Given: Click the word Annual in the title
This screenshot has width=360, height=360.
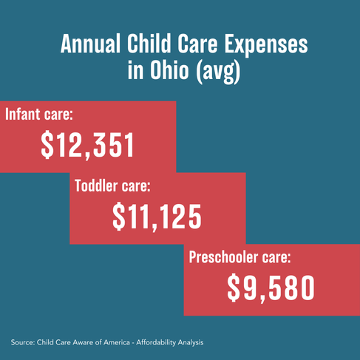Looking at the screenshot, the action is tap(90, 44).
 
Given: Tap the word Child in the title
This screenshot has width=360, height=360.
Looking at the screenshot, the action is tap(149, 43).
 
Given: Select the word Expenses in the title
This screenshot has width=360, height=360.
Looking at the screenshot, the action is tap(266, 46).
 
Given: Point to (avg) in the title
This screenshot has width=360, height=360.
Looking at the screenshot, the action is tap(218, 72).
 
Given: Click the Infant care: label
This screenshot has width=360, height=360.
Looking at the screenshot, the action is tap(39, 114).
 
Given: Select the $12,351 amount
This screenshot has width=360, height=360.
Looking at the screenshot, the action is tap(87, 145).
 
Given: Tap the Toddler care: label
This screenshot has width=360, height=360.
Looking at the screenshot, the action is tap(112, 186).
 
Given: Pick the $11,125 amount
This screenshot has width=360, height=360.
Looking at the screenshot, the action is tap(157, 217).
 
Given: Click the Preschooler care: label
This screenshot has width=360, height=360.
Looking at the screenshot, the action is tap(240, 257).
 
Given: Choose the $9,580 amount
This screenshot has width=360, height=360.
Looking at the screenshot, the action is tap(271, 288).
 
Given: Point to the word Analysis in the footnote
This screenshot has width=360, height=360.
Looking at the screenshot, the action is tap(191, 343).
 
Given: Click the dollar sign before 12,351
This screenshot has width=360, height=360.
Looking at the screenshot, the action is tap(47, 145).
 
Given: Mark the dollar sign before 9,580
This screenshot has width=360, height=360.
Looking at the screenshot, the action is tap(234, 288).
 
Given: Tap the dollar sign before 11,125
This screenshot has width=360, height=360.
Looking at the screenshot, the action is tap(118, 217).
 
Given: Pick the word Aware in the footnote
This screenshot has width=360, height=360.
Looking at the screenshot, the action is tap(85, 342).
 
